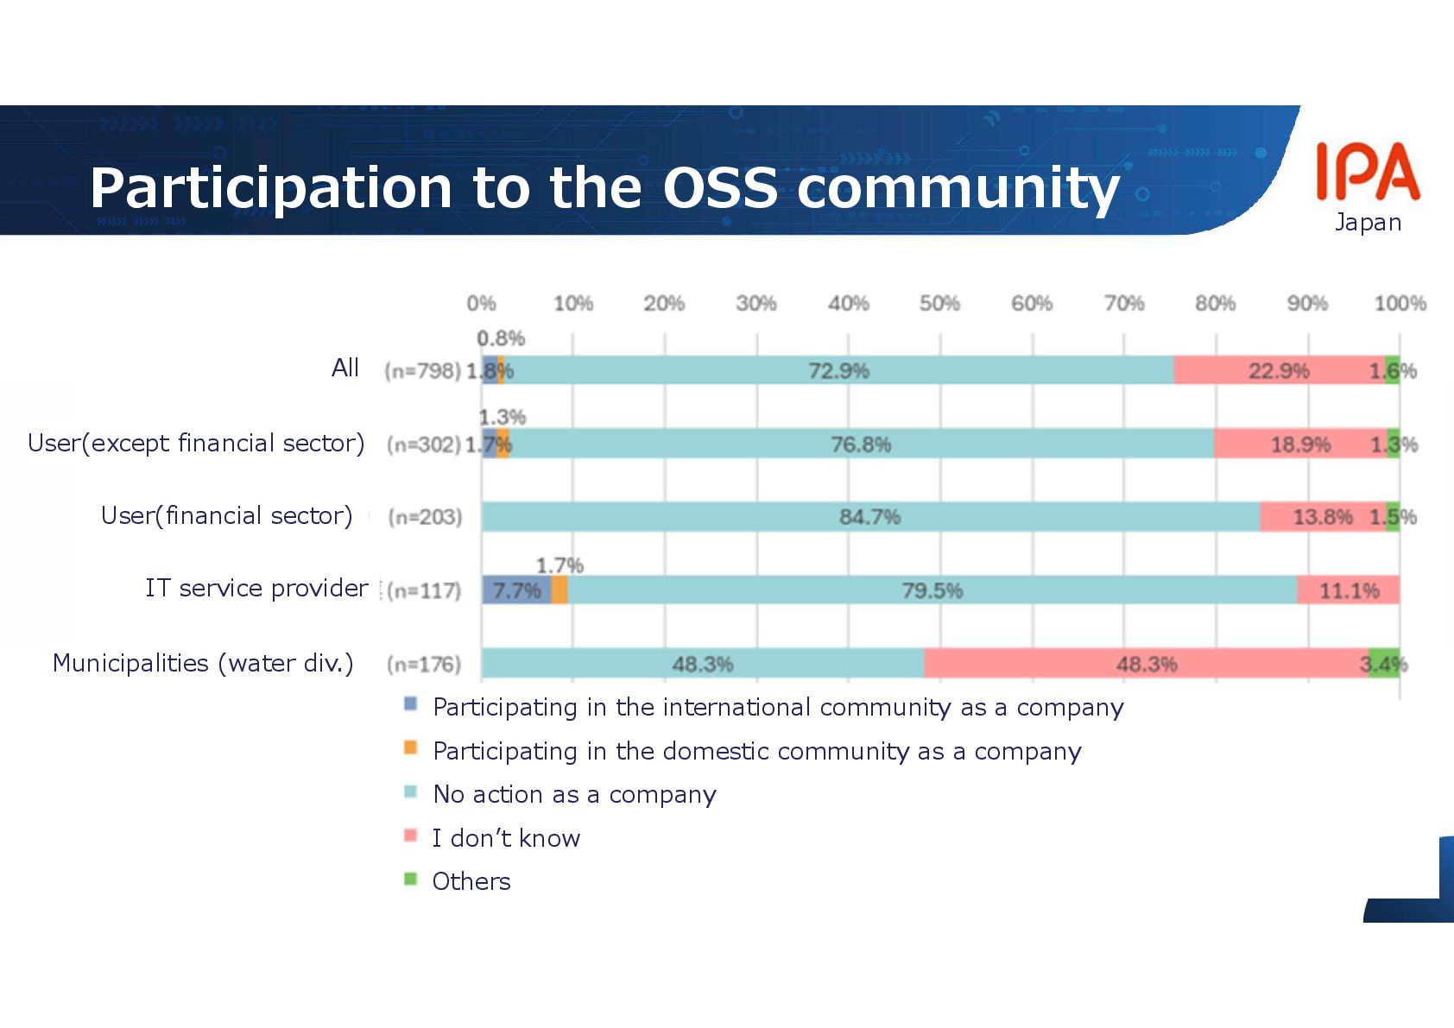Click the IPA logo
(1367, 172)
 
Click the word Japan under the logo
(1368, 223)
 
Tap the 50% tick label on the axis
(939, 304)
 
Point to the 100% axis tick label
(1400, 304)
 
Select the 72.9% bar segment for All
(838, 370)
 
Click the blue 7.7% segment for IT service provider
(516, 590)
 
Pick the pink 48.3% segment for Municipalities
(1146, 664)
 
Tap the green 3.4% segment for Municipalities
(1383, 664)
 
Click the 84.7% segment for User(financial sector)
(869, 517)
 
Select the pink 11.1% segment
(1348, 590)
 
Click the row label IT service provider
(256, 588)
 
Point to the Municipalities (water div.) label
(203, 663)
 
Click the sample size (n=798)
(422, 371)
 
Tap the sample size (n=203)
(425, 517)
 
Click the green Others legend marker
(411, 880)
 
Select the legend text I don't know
(506, 838)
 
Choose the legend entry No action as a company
(574, 794)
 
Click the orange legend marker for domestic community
(411, 748)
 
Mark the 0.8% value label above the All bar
(501, 338)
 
